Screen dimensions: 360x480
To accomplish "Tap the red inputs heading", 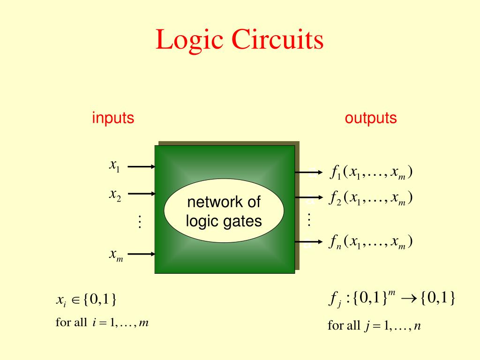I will (113, 118).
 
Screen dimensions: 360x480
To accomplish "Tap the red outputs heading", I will (371, 118).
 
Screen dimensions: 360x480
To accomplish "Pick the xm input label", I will (116, 255).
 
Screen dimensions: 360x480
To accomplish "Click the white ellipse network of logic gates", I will (224, 212).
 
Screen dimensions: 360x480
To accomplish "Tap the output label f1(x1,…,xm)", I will (371, 173).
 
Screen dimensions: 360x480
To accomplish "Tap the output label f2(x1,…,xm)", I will (371, 198).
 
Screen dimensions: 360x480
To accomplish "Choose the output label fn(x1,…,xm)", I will (371, 242).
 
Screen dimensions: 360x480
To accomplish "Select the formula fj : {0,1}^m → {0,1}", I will (391, 299).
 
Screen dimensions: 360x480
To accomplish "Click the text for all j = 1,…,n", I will (374, 325).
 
